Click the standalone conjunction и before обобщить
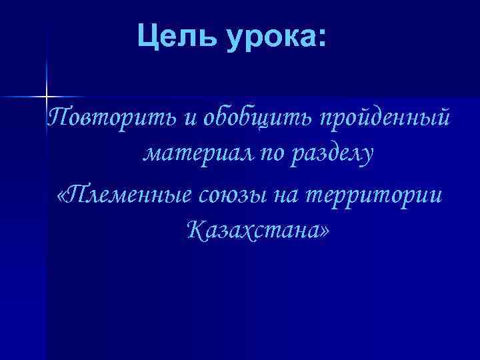(191, 119)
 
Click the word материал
(199, 155)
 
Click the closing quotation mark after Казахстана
(325, 233)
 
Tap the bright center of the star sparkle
(47, 97)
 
